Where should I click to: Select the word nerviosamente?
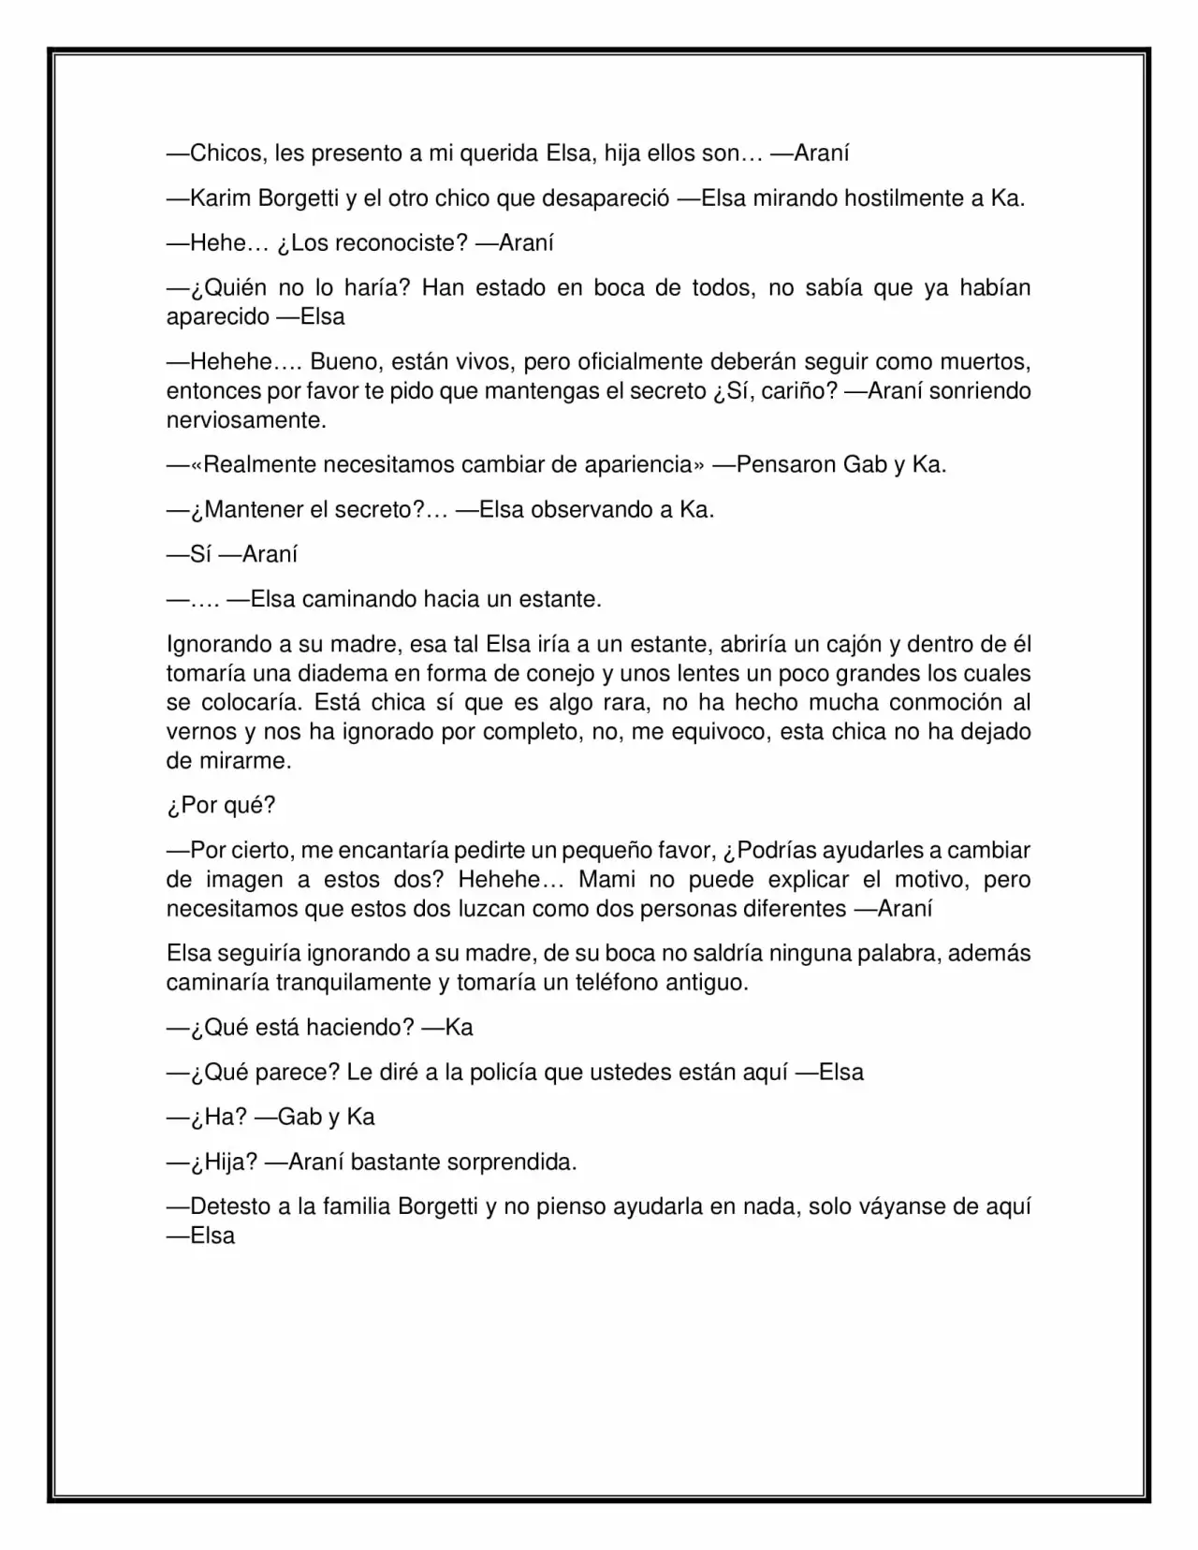click(x=245, y=420)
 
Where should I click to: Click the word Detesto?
click(x=230, y=1207)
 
